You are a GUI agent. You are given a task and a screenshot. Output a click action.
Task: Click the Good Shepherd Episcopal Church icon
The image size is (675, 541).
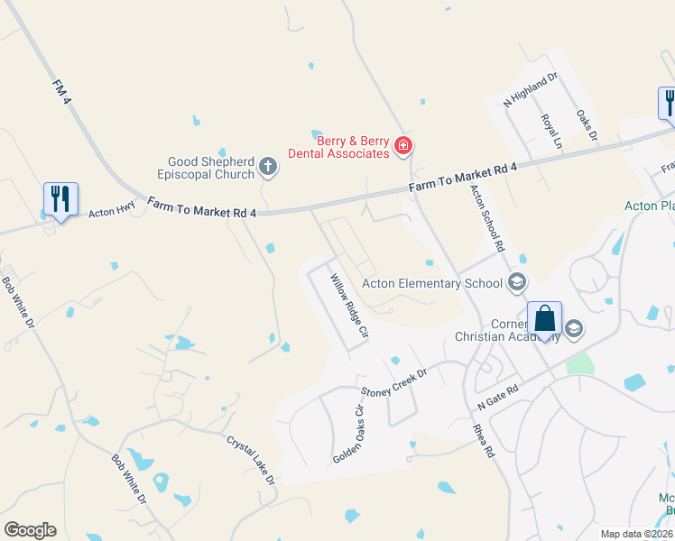pos(267,165)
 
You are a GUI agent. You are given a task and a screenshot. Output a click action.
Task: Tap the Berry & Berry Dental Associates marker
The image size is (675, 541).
pos(403,145)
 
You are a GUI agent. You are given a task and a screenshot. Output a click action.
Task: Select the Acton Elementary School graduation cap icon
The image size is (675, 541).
pos(517,283)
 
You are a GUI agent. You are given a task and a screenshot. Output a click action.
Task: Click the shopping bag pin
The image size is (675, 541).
pos(544,320)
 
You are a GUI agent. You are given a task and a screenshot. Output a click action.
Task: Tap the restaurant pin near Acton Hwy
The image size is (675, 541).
pos(60,199)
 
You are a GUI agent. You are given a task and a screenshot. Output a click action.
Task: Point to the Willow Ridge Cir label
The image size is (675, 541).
pos(349,306)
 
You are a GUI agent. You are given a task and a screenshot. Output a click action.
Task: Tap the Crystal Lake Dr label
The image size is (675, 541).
pos(251,460)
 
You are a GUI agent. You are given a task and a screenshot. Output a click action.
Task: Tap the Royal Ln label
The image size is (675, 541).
pos(551,131)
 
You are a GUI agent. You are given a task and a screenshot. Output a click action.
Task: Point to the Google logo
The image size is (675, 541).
pos(30,530)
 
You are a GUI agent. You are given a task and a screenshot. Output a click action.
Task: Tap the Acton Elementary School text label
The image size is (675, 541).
pos(431,283)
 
